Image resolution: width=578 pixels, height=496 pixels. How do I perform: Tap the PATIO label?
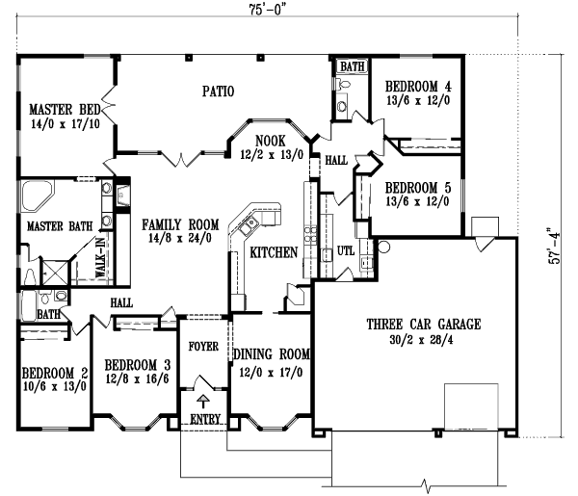(x=218, y=92)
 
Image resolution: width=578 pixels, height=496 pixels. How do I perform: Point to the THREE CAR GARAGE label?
(x=422, y=325)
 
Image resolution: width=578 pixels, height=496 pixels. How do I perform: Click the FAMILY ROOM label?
(x=177, y=224)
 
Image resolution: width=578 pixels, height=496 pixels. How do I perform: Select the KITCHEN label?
(x=273, y=254)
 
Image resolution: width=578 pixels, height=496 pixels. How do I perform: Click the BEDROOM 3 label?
(x=138, y=365)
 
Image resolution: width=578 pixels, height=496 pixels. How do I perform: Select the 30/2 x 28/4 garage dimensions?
(x=422, y=339)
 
